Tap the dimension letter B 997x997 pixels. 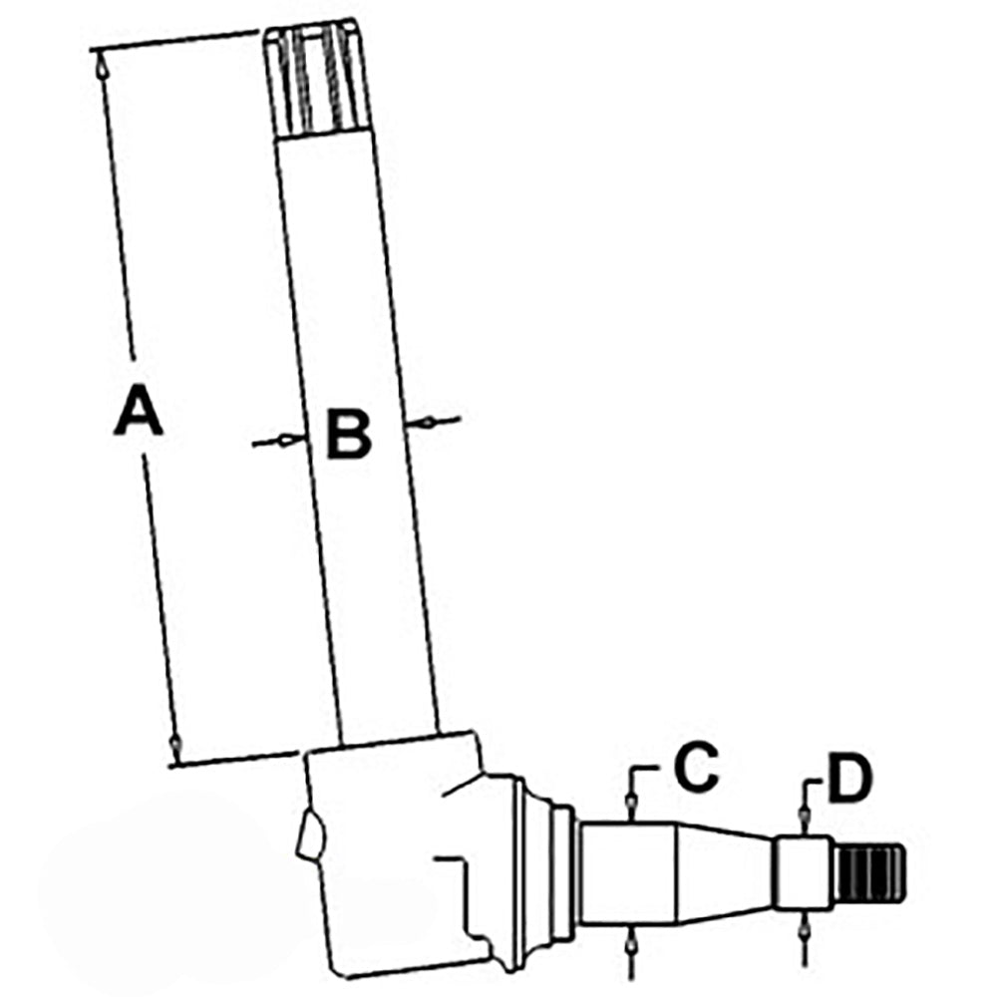348,434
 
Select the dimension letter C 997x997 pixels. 696,767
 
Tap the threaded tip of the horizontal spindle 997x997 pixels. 869,873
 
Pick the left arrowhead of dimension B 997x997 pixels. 290,440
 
